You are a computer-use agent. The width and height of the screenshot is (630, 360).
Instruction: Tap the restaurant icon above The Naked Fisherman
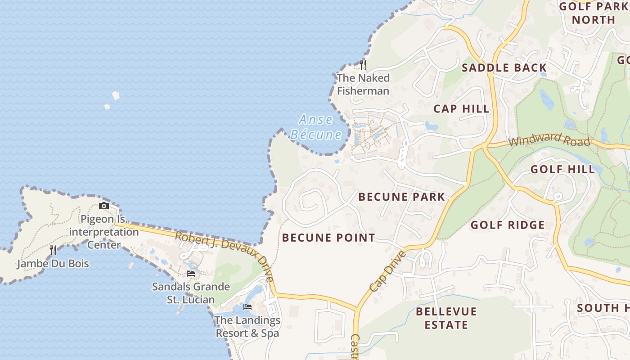[363, 65]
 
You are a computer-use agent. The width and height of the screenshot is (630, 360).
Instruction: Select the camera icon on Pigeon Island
[104, 206]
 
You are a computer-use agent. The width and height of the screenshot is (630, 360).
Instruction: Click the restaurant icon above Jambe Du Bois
[53, 250]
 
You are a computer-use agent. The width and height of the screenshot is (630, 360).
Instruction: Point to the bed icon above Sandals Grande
[191, 274]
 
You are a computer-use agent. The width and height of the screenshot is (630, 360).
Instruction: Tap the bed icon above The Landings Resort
[247, 307]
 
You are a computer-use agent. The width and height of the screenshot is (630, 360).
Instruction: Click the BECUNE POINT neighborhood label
[328, 238]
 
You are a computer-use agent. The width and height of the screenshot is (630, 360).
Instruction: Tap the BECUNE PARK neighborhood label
[401, 197]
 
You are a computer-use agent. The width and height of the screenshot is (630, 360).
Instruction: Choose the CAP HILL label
[461, 108]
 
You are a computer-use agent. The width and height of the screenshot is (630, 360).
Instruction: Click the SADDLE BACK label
[504, 68]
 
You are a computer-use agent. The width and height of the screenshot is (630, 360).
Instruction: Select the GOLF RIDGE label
[508, 225]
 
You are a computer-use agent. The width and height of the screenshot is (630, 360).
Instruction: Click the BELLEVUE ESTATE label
[446, 318]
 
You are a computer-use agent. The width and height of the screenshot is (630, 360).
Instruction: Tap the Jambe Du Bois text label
[53, 264]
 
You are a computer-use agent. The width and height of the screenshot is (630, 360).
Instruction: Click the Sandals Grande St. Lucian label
[191, 293]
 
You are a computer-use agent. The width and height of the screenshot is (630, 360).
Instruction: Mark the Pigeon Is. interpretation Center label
[103, 232]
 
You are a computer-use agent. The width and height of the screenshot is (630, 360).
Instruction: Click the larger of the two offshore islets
[116, 95]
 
